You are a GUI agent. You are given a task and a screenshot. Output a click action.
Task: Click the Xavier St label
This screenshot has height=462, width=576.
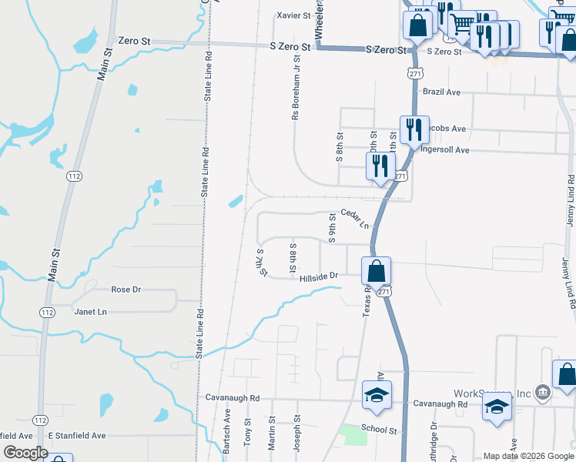[293, 15]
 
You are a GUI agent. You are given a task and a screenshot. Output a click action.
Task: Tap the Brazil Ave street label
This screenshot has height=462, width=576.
[441, 92]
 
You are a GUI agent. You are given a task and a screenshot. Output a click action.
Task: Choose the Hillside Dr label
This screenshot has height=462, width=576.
[320, 275]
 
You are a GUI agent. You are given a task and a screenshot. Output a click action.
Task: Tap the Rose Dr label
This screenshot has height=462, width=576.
[126, 290]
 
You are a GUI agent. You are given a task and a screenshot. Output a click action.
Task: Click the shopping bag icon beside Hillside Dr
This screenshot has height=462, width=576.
[376, 272]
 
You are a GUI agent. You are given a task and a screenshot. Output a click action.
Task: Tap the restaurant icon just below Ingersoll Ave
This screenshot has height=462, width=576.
[380, 166]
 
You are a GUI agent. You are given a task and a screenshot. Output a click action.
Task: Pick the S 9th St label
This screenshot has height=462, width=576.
[333, 229]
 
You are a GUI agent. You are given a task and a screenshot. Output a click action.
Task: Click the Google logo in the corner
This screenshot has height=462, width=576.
[25, 453]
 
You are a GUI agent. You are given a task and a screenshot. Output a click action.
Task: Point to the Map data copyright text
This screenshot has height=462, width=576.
[527, 456]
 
